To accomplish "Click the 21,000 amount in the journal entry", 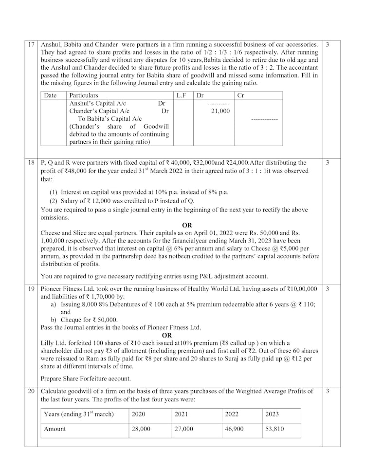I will point(220,111).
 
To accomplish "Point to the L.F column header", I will point(182,95).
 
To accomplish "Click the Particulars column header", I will point(84,95).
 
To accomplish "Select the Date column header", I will point(50,95).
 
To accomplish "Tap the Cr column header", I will point(240,95).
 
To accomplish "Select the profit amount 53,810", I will point(275,429).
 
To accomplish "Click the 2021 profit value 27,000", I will point(184,429).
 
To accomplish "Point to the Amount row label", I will point(55,429).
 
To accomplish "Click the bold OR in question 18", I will point(187,225).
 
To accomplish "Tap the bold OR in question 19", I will point(166,335).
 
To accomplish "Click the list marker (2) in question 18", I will point(54,201).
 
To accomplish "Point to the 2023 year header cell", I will point(272,414).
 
